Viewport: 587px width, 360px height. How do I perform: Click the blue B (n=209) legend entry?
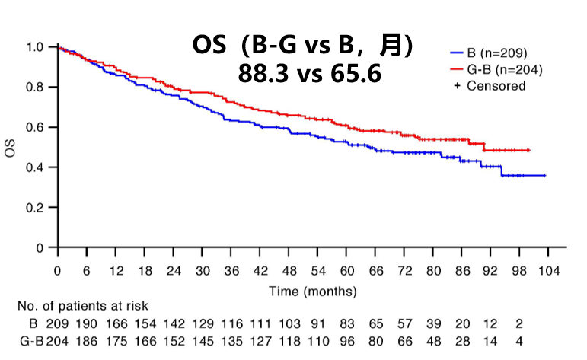(493, 53)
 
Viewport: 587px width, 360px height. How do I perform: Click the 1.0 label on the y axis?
(34, 47)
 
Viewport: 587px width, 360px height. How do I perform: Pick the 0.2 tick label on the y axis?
(34, 207)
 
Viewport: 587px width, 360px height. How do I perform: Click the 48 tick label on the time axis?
(289, 272)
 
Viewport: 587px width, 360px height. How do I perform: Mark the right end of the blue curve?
(545, 175)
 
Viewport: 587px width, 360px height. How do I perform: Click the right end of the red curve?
(529, 150)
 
